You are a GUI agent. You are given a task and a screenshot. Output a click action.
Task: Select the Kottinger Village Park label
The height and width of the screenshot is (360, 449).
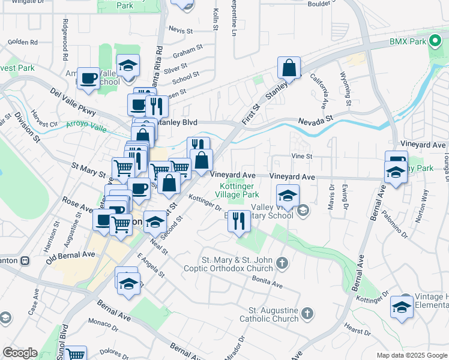click(x=237, y=190)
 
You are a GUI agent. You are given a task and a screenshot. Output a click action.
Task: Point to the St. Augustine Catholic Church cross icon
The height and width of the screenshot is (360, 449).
click(x=307, y=313)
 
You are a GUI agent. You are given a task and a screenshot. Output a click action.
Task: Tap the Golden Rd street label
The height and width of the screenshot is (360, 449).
click(x=23, y=42)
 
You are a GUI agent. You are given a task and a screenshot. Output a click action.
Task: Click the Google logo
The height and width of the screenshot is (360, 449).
click(x=20, y=352)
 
